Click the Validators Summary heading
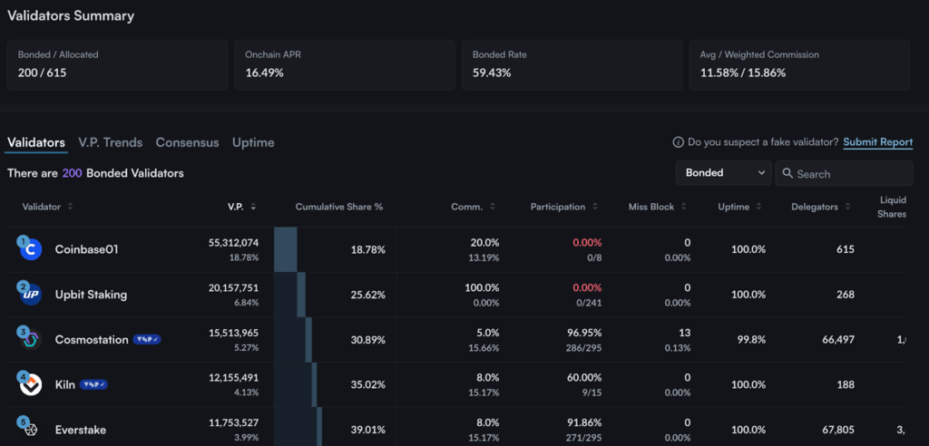coord(71,16)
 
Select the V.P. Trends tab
coord(110,142)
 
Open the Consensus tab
coord(187,142)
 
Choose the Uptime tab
coord(253,142)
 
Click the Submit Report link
coord(877,142)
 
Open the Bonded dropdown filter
coord(723,173)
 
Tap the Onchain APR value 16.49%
coord(265,73)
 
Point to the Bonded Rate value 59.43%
coord(492,73)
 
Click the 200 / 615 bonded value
coord(40,73)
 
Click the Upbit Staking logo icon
coord(31,295)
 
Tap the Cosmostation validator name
coord(92,339)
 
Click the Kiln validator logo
coord(31,384)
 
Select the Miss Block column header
coord(651,207)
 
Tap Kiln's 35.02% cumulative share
coord(367,384)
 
